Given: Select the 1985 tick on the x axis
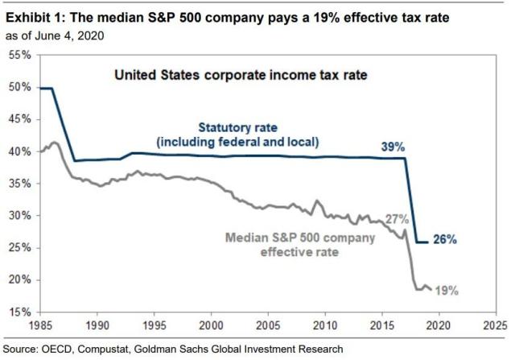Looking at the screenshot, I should tap(39, 326).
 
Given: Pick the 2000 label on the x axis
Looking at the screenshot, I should tap(211, 326).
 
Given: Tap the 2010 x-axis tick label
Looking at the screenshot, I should tap(325, 326).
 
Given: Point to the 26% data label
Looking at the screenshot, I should tap(445, 238).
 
